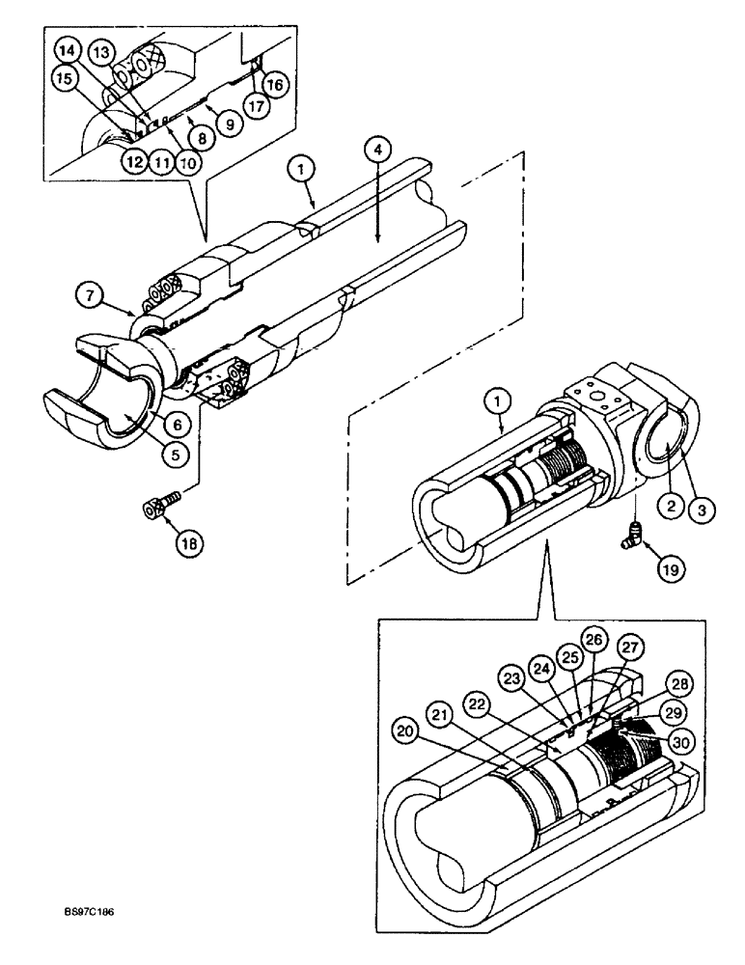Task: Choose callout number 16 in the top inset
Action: (274, 85)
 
